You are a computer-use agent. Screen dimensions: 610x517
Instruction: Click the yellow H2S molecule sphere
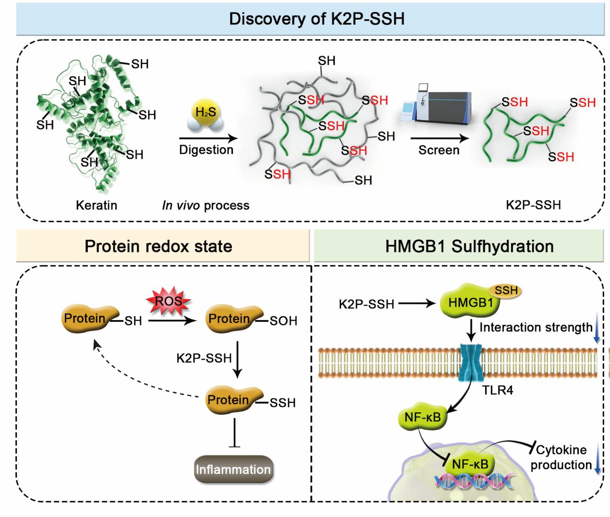coord(206,112)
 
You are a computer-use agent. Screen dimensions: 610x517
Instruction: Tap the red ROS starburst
coord(169,301)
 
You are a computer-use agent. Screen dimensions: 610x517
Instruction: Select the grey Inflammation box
coord(233,469)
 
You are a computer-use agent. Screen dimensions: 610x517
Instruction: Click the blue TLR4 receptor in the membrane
coord(470,362)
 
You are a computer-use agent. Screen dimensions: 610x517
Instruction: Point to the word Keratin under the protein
coord(97,205)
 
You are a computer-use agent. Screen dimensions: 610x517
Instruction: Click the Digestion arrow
coord(208,138)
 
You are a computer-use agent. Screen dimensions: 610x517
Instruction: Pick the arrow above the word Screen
coord(439,138)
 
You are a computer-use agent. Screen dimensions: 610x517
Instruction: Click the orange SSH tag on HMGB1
coord(505,291)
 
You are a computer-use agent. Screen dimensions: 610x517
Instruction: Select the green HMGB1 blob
coord(470,301)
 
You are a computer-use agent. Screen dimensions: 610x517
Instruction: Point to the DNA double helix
coord(474,480)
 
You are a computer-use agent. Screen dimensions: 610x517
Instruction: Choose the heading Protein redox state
coord(159,246)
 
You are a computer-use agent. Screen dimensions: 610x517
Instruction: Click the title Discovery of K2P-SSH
coord(317,19)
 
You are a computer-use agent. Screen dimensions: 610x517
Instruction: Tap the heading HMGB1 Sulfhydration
coord(469,246)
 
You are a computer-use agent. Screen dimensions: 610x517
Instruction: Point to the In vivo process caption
coord(206,205)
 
